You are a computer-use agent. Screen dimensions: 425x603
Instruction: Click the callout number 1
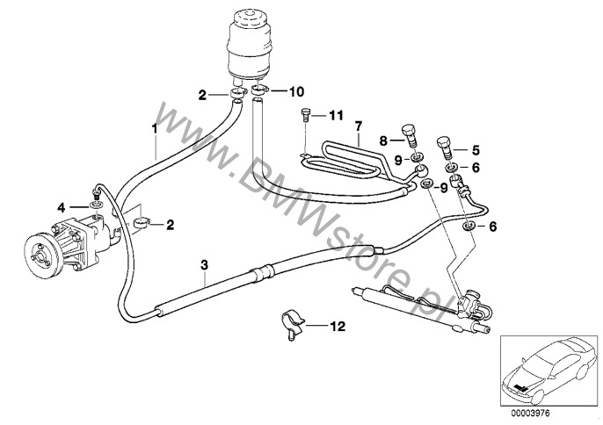154,128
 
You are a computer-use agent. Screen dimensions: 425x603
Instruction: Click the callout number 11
335,115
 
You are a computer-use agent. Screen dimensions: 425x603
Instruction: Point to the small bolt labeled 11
304,113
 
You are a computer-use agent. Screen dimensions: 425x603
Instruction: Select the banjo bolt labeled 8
410,137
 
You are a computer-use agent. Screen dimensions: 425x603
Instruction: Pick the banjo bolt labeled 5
447,144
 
